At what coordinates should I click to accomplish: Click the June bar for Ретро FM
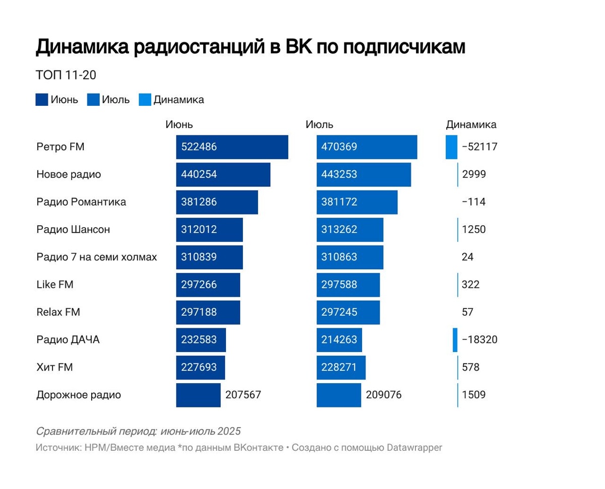tap(232, 147)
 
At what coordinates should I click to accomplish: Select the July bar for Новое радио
tap(364, 175)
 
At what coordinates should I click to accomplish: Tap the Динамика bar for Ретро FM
tap(451, 147)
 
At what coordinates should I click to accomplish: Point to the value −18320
tap(479, 340)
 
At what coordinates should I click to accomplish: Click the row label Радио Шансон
tap(73, 230)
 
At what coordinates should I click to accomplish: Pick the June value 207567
tap(243, 395)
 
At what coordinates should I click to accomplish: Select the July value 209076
tap(384, 395)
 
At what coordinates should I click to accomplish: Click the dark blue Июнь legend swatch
tap(42, 100)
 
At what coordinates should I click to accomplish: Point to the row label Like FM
tap(55, 285)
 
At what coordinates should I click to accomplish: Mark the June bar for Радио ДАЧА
tap(201, 340)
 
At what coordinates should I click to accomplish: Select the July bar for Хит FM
tap(341, 368)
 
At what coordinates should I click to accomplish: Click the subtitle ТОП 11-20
tap(66, 75)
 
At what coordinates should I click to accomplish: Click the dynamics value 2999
tap(473, 175)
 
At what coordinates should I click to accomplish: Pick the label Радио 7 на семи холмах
tap(97, 257)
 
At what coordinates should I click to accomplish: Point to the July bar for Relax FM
tap(348, 312)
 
